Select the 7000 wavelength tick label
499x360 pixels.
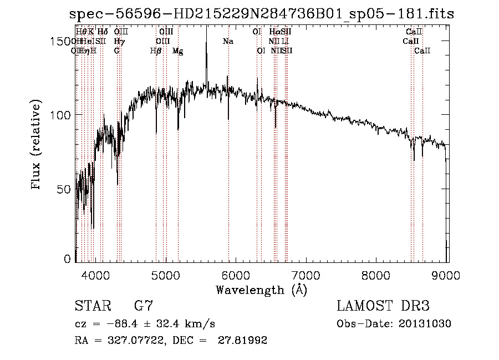tap(307, 275)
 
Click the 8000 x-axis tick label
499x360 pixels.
tap(377, 275)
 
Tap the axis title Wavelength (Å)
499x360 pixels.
tap(261, 290)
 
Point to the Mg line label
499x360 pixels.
tap(177, 51)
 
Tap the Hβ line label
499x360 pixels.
tap(156, 51)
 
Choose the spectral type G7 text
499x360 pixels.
tap(144, 306)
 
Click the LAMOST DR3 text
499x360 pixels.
tap(383, 306)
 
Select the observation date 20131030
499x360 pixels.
tap(426, 323)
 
